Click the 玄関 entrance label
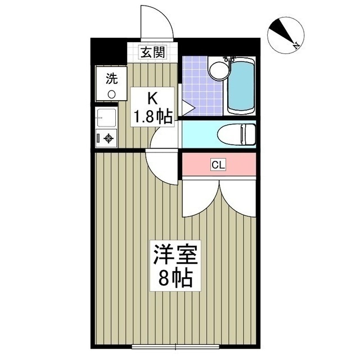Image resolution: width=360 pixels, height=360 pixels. coord(152,53)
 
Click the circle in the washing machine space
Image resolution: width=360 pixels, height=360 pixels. coord(111,94)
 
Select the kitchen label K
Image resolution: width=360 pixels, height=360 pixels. coord(152,98)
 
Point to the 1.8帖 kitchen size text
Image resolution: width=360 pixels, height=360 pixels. coord(152,116)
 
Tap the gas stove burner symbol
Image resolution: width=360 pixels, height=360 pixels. coord(108,138)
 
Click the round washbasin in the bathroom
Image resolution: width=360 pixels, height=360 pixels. coord(217,71)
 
